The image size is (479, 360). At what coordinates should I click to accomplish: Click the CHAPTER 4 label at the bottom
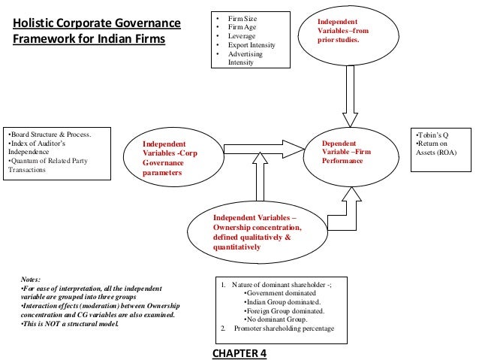(239, 352)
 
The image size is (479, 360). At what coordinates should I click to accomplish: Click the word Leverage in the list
(242, 35)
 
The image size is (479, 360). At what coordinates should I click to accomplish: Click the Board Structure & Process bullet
(49, 135)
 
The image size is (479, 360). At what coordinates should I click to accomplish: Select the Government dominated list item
(281, 292)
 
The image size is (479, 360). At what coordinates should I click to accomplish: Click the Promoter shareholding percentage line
(282, 329)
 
